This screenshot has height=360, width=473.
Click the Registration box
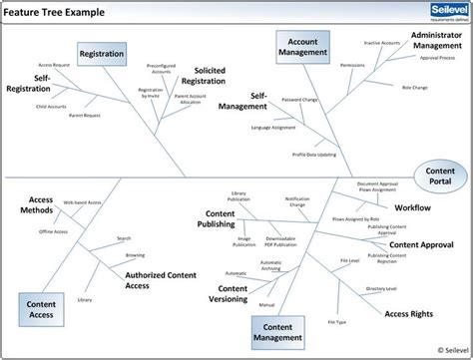click(102, 54)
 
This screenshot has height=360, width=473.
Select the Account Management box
click(302, 48)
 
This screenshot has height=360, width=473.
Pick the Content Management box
click(278, 329)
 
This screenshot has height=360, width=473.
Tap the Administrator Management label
click(436, 39)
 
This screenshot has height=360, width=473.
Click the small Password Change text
click(300, 100)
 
